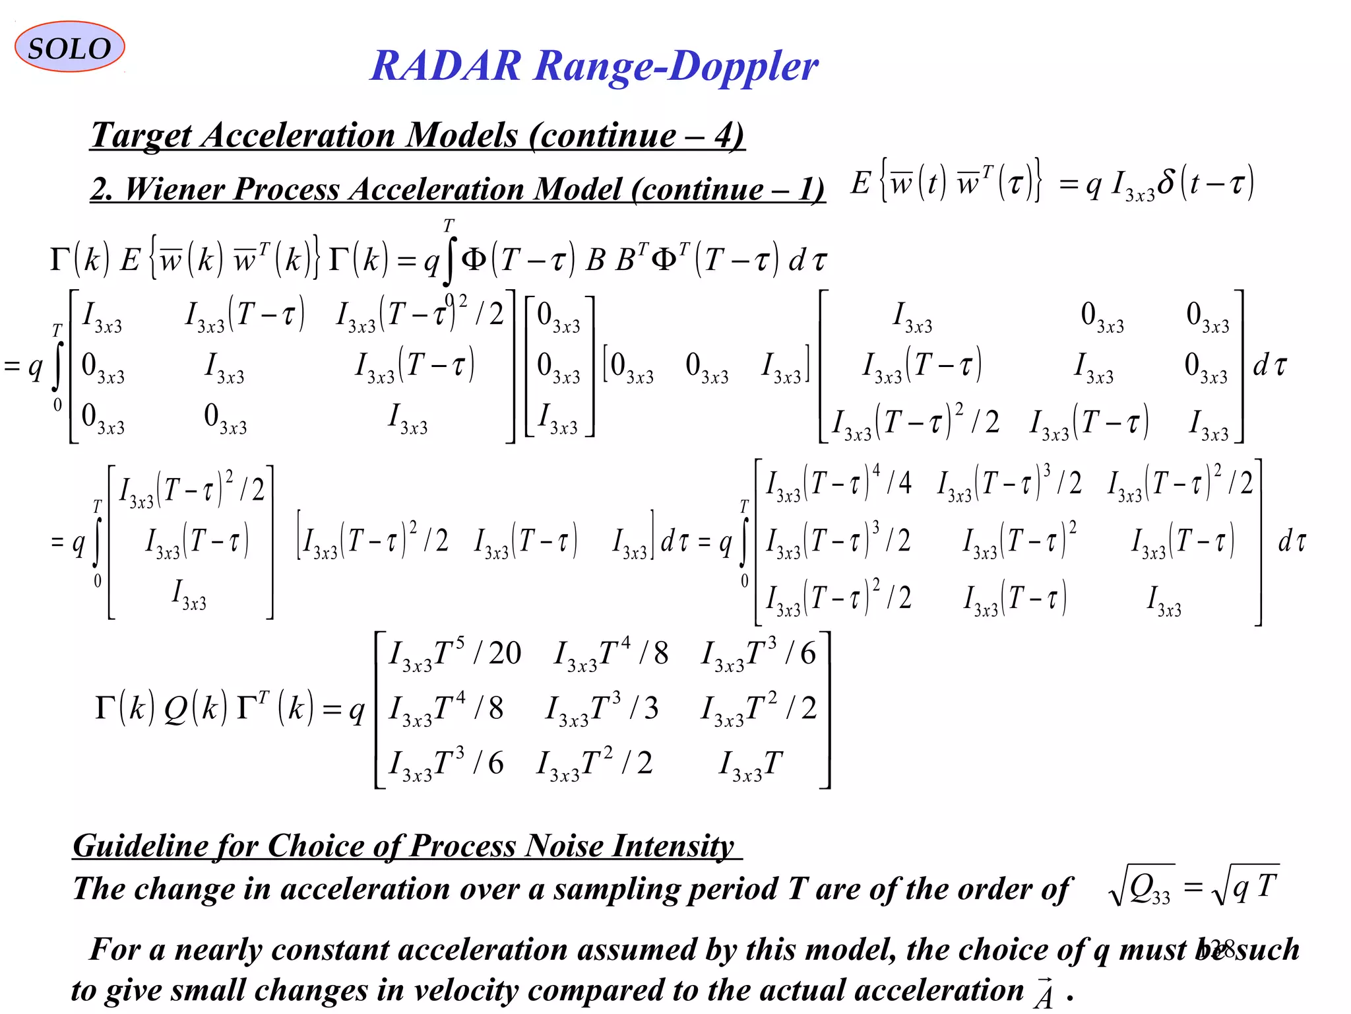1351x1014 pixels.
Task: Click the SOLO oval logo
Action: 69,47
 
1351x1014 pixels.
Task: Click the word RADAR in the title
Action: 446,66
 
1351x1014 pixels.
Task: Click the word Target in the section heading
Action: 141,135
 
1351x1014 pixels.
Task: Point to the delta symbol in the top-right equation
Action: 1166,182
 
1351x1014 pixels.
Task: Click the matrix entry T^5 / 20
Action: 455,654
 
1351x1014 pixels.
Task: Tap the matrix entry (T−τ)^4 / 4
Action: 838,484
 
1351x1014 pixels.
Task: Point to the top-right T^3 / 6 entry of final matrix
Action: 759,654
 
